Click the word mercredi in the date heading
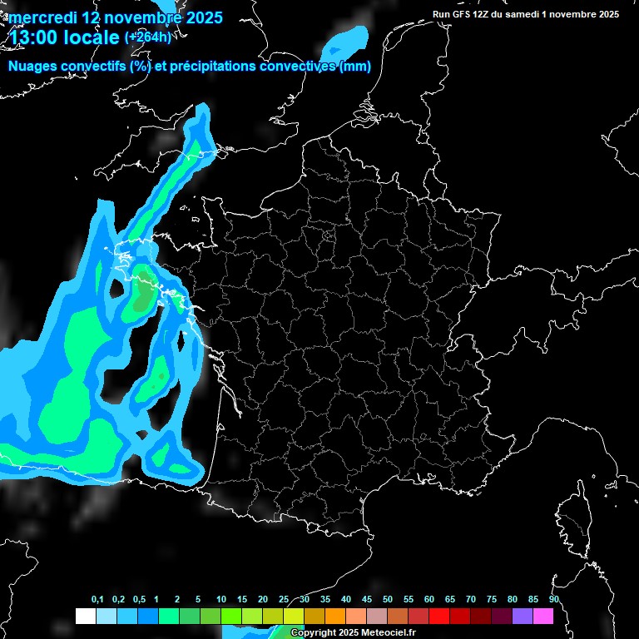(37, 17)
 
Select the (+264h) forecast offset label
(147, 37)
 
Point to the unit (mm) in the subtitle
(355, 67)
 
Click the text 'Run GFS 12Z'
(461, 14)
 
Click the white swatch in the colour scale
(85, 616)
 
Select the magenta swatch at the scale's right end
(543, 616)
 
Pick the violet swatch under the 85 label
(523, 616)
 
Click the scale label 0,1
(97, 600)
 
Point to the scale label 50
(388, 600)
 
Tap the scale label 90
(553, 600)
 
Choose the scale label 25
(284, 600)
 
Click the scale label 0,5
(139, 600)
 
